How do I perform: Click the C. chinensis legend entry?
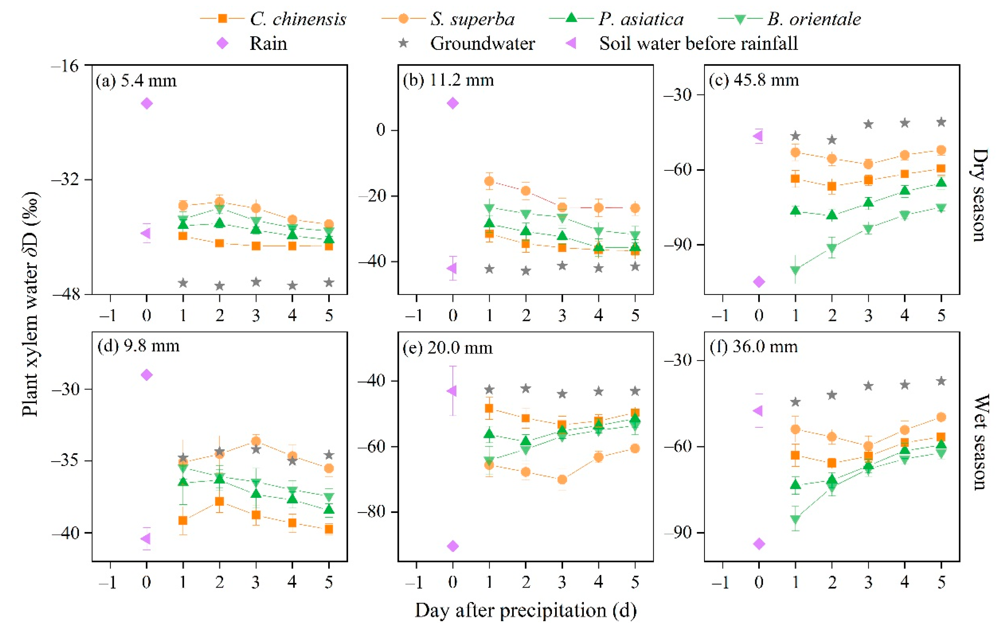pyautogui.click(x=273, y=19)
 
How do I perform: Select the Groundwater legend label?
pyautogui.click(x=482, y=43)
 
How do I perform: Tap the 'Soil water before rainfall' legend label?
pyautogui.click(x=698, y=43)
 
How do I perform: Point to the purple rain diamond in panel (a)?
pyautogui.click(x=147, y=103)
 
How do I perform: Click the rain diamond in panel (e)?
pyautogui.click(x=453, y=546)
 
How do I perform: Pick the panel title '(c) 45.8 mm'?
pyautogui.click(x=754, y=80)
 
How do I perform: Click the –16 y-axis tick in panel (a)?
pyautogui.click(x=65, y=65)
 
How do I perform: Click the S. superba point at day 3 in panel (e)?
pyautogui.click(x=562, y=479)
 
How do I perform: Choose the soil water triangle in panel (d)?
pyautogui.click(x=146, y=539)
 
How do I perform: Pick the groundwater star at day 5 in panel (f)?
pyautogui.click(x=941, y=381)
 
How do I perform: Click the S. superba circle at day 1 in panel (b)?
pyautogui.click(x=489, y=181)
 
